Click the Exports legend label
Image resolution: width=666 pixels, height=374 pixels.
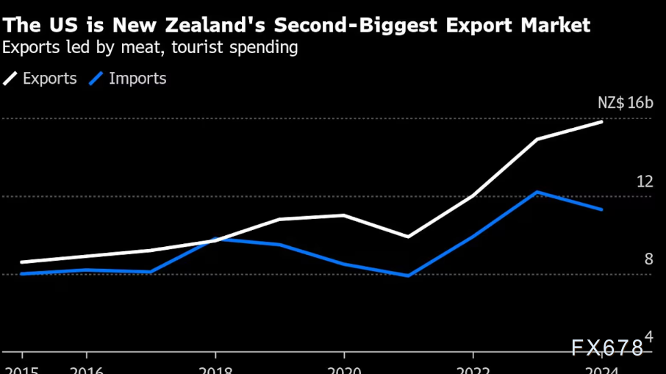(x=50, y=79)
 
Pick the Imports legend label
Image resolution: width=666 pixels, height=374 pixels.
(x=137, y=79)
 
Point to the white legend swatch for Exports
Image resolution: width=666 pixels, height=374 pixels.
(x=11, y=79)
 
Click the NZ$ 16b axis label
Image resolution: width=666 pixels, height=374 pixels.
(x=625, y=103)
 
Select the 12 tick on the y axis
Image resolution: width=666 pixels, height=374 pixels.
(x=644, y=181)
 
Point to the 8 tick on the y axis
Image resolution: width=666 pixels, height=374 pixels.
(x=648, y=259)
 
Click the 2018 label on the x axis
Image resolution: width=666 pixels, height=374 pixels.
(x=215, y=370)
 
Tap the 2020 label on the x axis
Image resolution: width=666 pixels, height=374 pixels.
(x=344, y=370)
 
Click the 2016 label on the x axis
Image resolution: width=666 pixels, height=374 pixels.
(x=87, y=370)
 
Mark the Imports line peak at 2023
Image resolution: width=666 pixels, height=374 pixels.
(x=538, y=192)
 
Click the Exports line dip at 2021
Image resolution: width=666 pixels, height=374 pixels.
(x=409, y=237)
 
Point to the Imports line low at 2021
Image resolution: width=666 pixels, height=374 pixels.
(x=409, y=276)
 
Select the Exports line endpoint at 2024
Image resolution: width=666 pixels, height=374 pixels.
(x=602, y=121)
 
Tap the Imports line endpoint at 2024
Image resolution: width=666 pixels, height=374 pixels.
(x=602, y=209)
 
